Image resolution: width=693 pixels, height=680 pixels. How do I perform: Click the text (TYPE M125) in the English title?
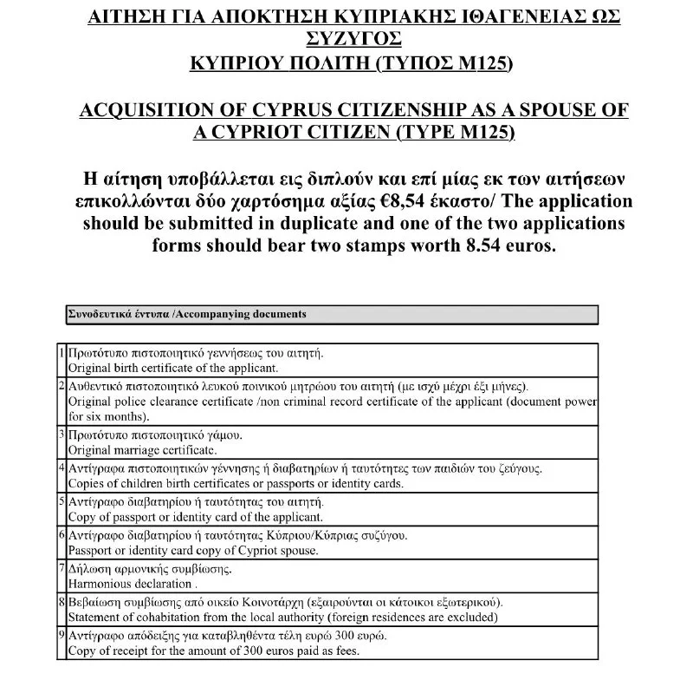pyautogui.click(x=454, y=133)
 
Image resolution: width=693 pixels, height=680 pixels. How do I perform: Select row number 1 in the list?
pyautogui.click(x=62, y=354)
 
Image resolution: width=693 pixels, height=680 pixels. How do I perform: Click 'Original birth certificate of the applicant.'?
pyautogui.click(x=161, y=367)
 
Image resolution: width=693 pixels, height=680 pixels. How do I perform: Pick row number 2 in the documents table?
pyautogui.click(x=62, y=385)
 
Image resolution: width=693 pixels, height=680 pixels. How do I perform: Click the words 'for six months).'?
pyautogui.click(x=108, y=415)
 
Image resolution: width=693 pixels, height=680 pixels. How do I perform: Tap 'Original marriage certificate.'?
pyautogui.click(x=142, y=450)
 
